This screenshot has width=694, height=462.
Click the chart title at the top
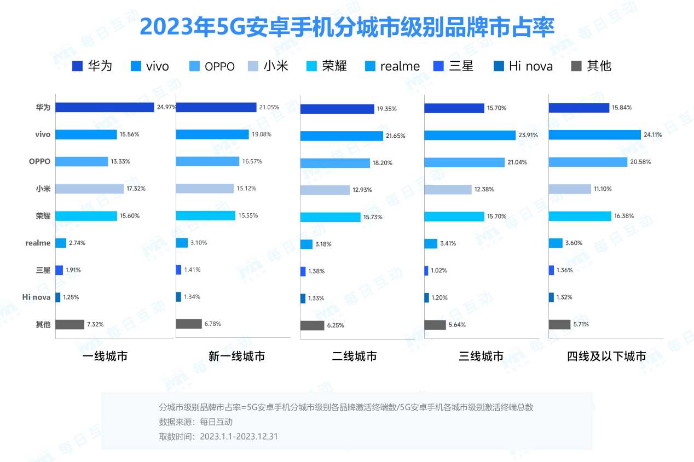click(x=347, y=26)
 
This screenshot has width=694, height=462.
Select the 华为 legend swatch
click(x=77, y=66)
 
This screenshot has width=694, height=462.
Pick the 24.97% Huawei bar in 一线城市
click(x=105, y=107)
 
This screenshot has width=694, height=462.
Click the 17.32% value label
click(x=136, y=189)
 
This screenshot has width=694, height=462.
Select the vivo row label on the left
click(x=42, y=134)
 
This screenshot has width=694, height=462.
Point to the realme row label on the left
click(x=38, y=243)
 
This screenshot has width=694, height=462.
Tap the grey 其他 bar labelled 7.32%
click(x=70, y=324)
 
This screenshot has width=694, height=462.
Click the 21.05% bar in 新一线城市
click(x=216, y=107)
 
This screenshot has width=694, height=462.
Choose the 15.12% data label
click(x=247, y=189)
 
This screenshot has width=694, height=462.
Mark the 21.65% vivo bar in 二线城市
click(x=342, y=136)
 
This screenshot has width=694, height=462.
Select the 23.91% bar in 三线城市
click(x=470, y=135)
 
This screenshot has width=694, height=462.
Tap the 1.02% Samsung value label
click(x=439, y=271)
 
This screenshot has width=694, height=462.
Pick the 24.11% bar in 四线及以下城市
click(x=594, y=134)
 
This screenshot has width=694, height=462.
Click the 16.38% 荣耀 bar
click(x=580, y=216)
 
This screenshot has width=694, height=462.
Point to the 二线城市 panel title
click(x=354, y=356)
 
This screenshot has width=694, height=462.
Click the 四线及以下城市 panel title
click(x=606, y=356)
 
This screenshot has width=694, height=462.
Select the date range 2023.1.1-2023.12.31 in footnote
click(x=239, y=437)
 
